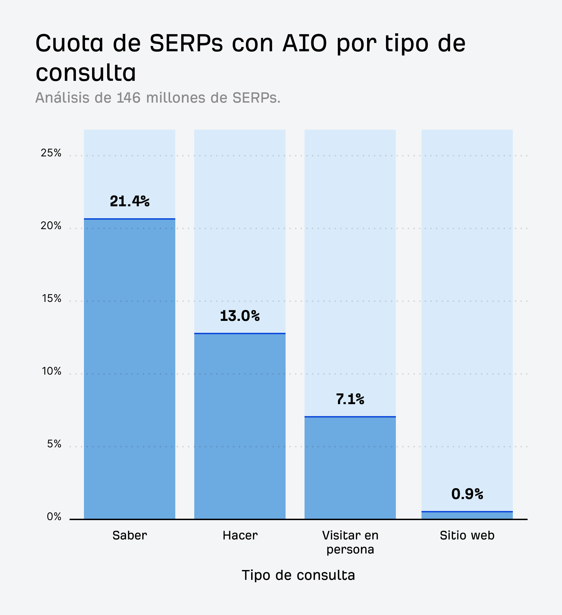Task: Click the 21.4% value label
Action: point(130,201)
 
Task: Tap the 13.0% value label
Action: point(240,316)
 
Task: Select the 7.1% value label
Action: point(350,399)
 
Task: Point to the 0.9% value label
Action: point(467,494)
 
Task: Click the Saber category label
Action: point(130,535)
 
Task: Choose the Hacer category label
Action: point(240,535)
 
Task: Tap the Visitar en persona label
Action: point(350,542)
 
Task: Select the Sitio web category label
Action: point(467,535)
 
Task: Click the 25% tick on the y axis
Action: point(51,153)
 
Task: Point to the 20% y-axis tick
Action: point(51,226)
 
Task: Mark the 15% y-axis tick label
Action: point(51,298)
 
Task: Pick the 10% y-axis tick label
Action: point(51,371)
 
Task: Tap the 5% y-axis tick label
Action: point(54,444)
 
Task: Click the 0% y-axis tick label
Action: point(54,517)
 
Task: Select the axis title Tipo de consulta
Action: point(298,575)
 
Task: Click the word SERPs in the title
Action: point(186,43)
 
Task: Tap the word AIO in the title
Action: point(305,43)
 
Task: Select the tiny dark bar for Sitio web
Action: point(467,515)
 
